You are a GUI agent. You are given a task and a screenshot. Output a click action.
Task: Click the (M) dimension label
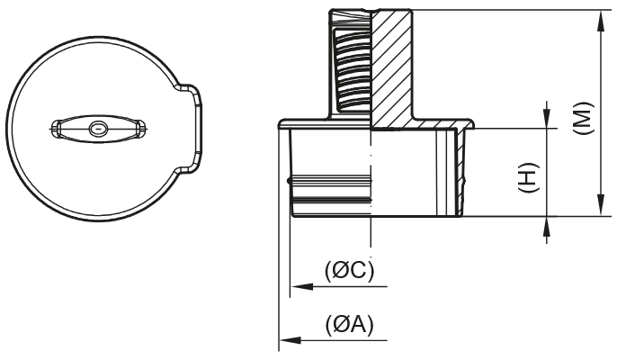(583, 118)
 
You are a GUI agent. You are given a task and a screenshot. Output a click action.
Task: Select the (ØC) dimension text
(348, 270)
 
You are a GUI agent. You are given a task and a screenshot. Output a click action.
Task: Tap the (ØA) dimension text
(349, 324)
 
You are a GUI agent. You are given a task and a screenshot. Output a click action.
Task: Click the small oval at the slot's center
(97, 130)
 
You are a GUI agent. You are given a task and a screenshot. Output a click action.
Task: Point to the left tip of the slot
(54, 130)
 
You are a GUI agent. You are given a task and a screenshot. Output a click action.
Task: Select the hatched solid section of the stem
(392, 67)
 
